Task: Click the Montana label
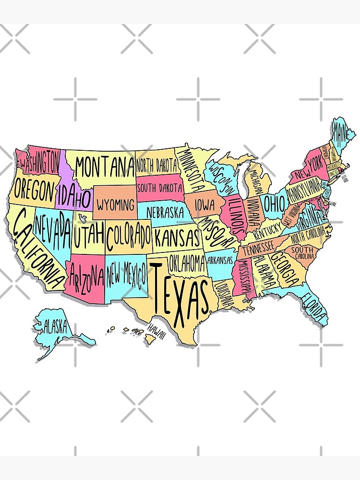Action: click(104, 168)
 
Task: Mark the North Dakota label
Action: click(157, 166)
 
